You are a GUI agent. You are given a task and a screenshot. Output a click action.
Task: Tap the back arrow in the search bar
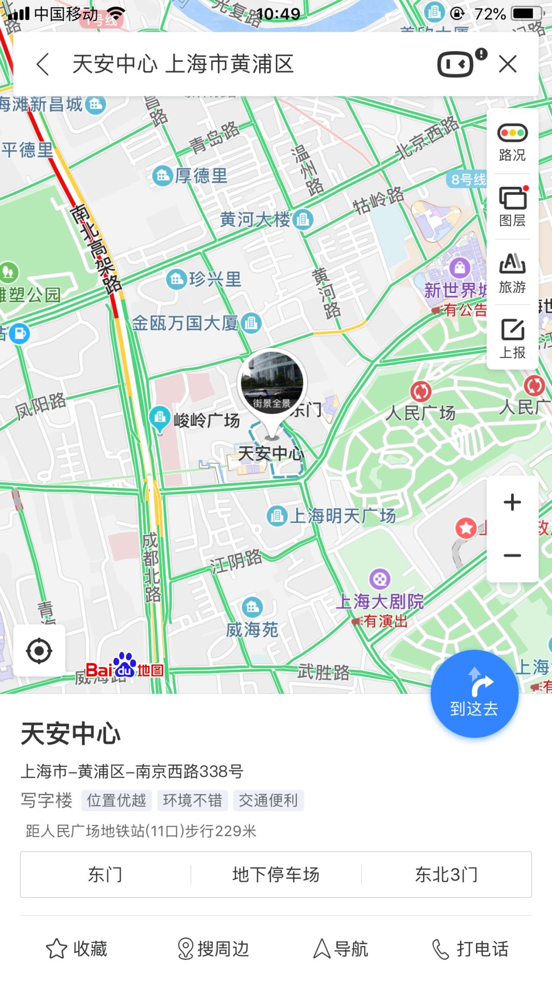tap(43, 64)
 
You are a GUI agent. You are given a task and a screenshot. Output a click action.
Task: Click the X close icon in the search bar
tap(508, 64)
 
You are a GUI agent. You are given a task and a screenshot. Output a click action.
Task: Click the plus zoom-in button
tap(512, 502)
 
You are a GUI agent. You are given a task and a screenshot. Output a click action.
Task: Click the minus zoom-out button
tap(512, 555)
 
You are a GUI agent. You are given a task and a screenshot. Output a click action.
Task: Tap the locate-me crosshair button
tap(39, 651)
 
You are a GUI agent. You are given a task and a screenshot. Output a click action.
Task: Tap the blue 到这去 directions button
tap(474, 694)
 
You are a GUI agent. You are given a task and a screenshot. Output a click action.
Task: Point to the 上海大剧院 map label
tap(380, 601)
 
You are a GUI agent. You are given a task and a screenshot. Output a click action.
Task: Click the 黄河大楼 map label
tap(256, 220)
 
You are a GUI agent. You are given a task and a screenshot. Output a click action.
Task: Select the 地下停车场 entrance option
tap(276, 875)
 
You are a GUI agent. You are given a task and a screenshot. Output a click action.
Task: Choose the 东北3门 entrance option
tap(446, 875)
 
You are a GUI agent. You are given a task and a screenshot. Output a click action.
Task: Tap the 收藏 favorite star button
tap(77, 949)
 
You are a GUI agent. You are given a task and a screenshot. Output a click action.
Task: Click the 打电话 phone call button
tap(470, 949)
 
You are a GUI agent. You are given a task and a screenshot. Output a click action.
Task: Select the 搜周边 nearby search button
tap(213, 949)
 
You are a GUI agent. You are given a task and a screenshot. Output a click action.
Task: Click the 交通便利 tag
tap(268, 800)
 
